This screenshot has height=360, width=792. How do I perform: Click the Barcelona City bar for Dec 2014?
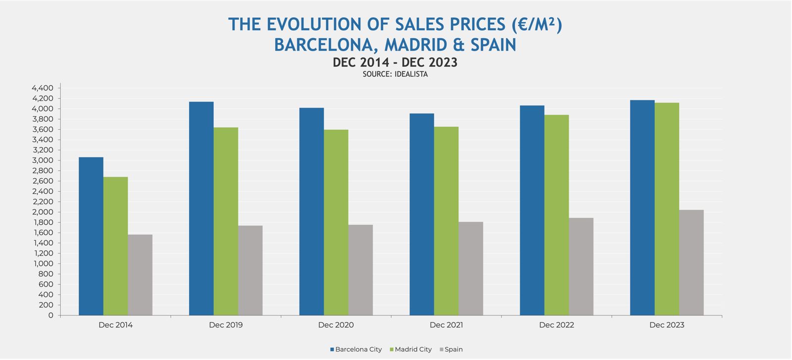91,236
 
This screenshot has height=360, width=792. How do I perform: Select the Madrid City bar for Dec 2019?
226,221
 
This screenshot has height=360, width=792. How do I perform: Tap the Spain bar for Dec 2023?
691,262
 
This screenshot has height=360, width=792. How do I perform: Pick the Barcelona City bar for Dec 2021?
422,214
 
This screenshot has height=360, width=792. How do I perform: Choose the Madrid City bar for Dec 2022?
556,215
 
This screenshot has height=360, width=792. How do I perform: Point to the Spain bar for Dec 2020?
360,270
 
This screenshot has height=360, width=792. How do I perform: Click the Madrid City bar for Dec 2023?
667,209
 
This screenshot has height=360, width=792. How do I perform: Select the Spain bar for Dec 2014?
140,275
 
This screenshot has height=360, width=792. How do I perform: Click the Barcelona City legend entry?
356,349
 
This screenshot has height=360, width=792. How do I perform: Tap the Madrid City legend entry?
411,349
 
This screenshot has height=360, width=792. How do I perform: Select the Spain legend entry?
451,349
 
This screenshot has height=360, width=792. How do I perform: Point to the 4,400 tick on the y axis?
43,88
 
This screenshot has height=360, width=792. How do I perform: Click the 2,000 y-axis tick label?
43,212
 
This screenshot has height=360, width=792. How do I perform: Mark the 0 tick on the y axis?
50,315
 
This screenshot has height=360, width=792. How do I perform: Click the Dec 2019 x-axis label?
226,325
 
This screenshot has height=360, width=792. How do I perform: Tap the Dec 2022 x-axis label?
556,325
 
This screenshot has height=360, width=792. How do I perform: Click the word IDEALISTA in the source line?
411,74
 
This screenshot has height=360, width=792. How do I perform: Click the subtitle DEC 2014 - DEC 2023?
395,62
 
